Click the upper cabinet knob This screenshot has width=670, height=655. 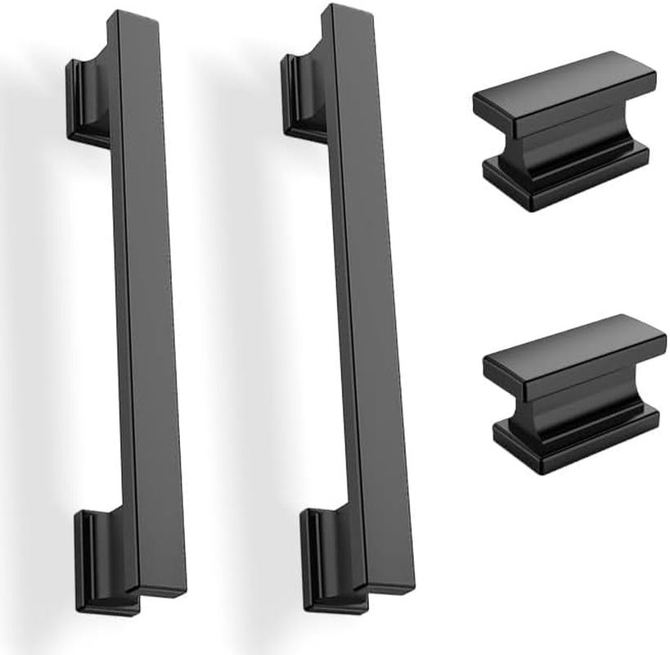(x=564, y=131)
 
